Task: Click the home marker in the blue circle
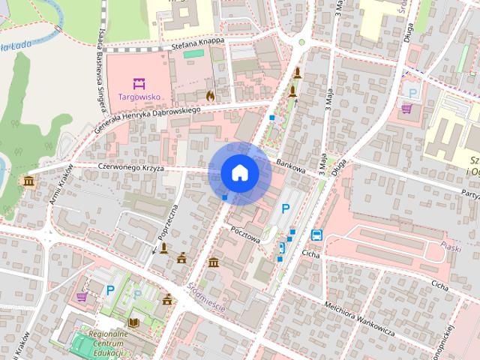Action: [240, 172]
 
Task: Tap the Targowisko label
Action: [138, 97]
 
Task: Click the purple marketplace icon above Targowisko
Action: [138, 83]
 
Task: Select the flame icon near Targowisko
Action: [210, 96]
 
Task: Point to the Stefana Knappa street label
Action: [198, 42]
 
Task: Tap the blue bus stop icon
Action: [316, 234]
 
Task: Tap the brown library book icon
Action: [133, 322]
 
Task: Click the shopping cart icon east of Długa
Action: [406, 108]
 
